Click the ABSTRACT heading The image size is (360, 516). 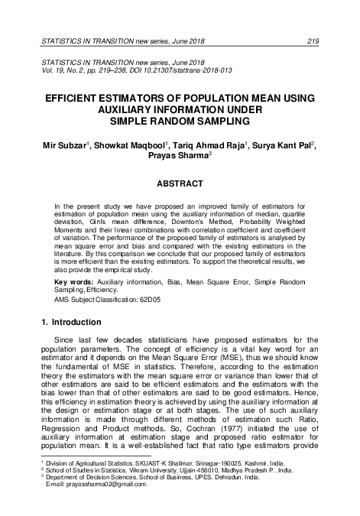click(x=180, y=183)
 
